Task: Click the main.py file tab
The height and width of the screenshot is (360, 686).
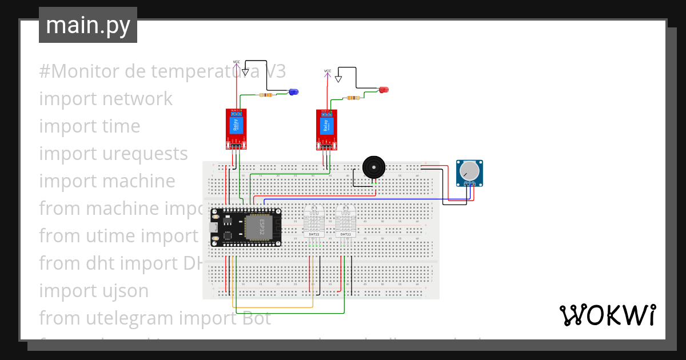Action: pos(88,25)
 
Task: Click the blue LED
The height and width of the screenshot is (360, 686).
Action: pos(293,91)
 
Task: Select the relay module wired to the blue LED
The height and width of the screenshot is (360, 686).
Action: pos(236,129)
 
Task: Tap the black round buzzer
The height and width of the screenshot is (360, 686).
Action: pos(374,167)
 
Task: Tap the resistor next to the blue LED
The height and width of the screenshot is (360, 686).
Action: pos(265,95)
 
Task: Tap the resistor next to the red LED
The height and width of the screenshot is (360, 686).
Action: pos(354,98)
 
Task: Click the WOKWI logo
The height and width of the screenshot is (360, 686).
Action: pos(607,315)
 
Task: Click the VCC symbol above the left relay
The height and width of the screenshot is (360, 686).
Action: pos(237,63)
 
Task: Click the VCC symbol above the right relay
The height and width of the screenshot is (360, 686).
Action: pos(328,73)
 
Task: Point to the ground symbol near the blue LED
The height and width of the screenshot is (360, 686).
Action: pos(245,73)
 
